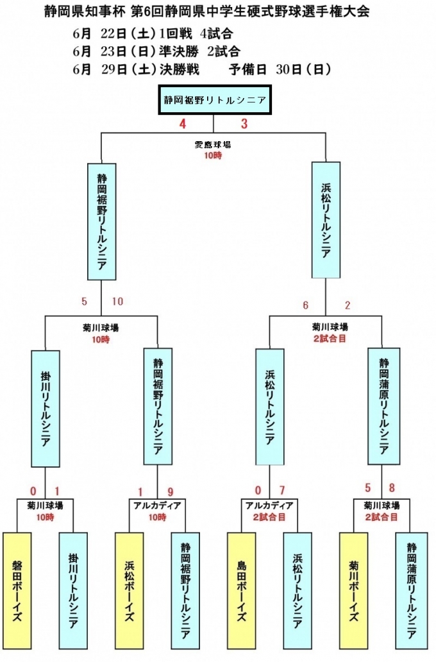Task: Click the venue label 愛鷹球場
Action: click(x=213, y=145)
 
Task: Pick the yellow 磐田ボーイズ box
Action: click(x=17, y=590)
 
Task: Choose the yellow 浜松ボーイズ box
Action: click(x=129, y=590)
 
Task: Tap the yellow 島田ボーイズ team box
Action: click(x=241, y=590)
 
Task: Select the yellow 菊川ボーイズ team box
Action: click(x=353, y=590)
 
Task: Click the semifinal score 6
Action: click(x=306, y=305)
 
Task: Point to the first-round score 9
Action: click(x=171, y=492)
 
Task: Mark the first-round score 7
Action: click(x=281, y=492)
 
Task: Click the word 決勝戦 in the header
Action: click(x=178, y=70)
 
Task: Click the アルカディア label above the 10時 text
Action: click(x=157, y=505)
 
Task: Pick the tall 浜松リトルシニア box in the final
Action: click(x=326, y=220)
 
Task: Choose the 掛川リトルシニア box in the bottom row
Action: click(x=73, y=590)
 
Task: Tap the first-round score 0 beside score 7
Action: click(x=258, y=492)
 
